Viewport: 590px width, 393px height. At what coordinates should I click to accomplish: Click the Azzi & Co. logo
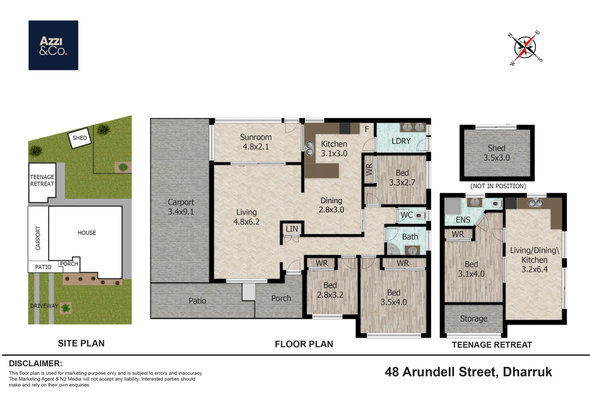click(53, 45)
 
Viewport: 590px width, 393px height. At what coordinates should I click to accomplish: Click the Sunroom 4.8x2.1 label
click(256, 142)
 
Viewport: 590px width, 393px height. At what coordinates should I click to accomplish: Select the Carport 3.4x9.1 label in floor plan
click(181, 207)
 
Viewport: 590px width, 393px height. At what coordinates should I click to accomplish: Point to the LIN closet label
click(292, 229)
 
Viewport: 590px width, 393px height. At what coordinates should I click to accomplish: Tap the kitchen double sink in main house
click(310, 148)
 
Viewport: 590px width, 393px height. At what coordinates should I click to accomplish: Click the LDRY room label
click(401, 141)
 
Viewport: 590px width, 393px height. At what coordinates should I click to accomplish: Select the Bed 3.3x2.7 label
click(402, 178)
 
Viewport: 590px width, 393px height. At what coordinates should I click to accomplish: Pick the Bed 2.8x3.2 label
click(330, 290)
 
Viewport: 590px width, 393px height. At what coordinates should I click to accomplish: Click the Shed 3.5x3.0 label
click(496, 153)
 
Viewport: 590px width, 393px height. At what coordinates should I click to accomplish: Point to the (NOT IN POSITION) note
click(498, 186)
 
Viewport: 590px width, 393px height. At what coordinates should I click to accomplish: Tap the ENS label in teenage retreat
click(463, 220)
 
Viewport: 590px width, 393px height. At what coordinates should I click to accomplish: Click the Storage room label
click(473, 319)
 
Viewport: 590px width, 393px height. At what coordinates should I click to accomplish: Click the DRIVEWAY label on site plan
click(44, 306)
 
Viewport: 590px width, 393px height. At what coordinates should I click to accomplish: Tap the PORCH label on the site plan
click(69, 264)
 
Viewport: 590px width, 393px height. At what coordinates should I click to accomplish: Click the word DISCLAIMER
click(36, 364)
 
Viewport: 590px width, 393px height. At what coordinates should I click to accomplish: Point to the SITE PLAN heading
click(81, 343)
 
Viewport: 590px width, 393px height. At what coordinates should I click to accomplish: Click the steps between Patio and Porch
click(249, 292)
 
